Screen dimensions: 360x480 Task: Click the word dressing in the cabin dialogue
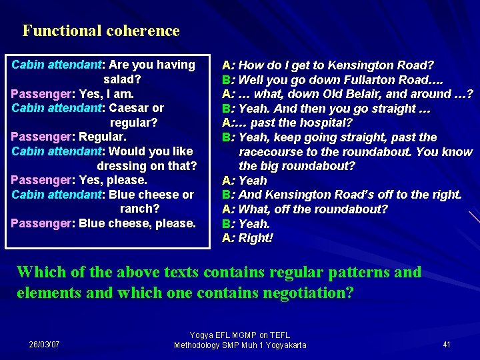(x=123, y=166)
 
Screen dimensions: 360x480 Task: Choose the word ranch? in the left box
(x=139, y=209)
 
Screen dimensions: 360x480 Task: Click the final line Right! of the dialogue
(x=255, y=238)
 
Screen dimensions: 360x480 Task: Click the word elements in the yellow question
(x=45, y=293)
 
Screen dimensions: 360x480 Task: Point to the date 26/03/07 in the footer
(x=44, y=345)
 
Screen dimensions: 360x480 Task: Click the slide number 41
(x=447, y=345)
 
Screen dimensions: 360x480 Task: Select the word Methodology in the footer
(x=199, y=345)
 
